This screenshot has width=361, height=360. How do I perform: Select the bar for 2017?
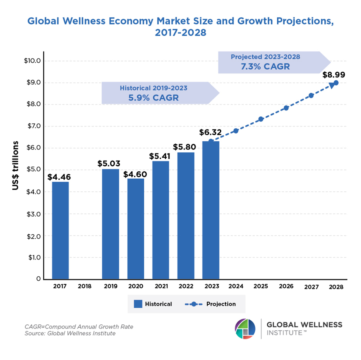(x=60, y=230)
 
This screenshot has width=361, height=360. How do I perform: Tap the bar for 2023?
(x=211, y=210)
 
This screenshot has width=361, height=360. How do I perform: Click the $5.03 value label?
(x=110, y=164)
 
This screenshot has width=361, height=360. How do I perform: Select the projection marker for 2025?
(x=261, y=119)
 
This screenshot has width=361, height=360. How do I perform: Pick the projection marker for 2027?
(x=311, y=95)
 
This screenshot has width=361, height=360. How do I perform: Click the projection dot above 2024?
(x=236, y=131)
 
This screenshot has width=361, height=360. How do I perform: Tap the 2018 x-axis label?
(x=85, y=287)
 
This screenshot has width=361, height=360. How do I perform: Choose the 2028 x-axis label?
(x=336, y=287)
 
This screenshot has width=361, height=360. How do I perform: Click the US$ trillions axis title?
(x=15, y=165)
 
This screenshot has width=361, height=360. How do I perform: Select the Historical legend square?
(x=138, y=304)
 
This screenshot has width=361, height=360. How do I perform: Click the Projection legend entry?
(x=210, y=304)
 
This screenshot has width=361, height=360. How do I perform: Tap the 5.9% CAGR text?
(x=153, y=98)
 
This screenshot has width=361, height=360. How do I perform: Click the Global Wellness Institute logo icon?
(x=245, y=328)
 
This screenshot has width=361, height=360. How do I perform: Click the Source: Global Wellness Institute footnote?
(x=70, y=334)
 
